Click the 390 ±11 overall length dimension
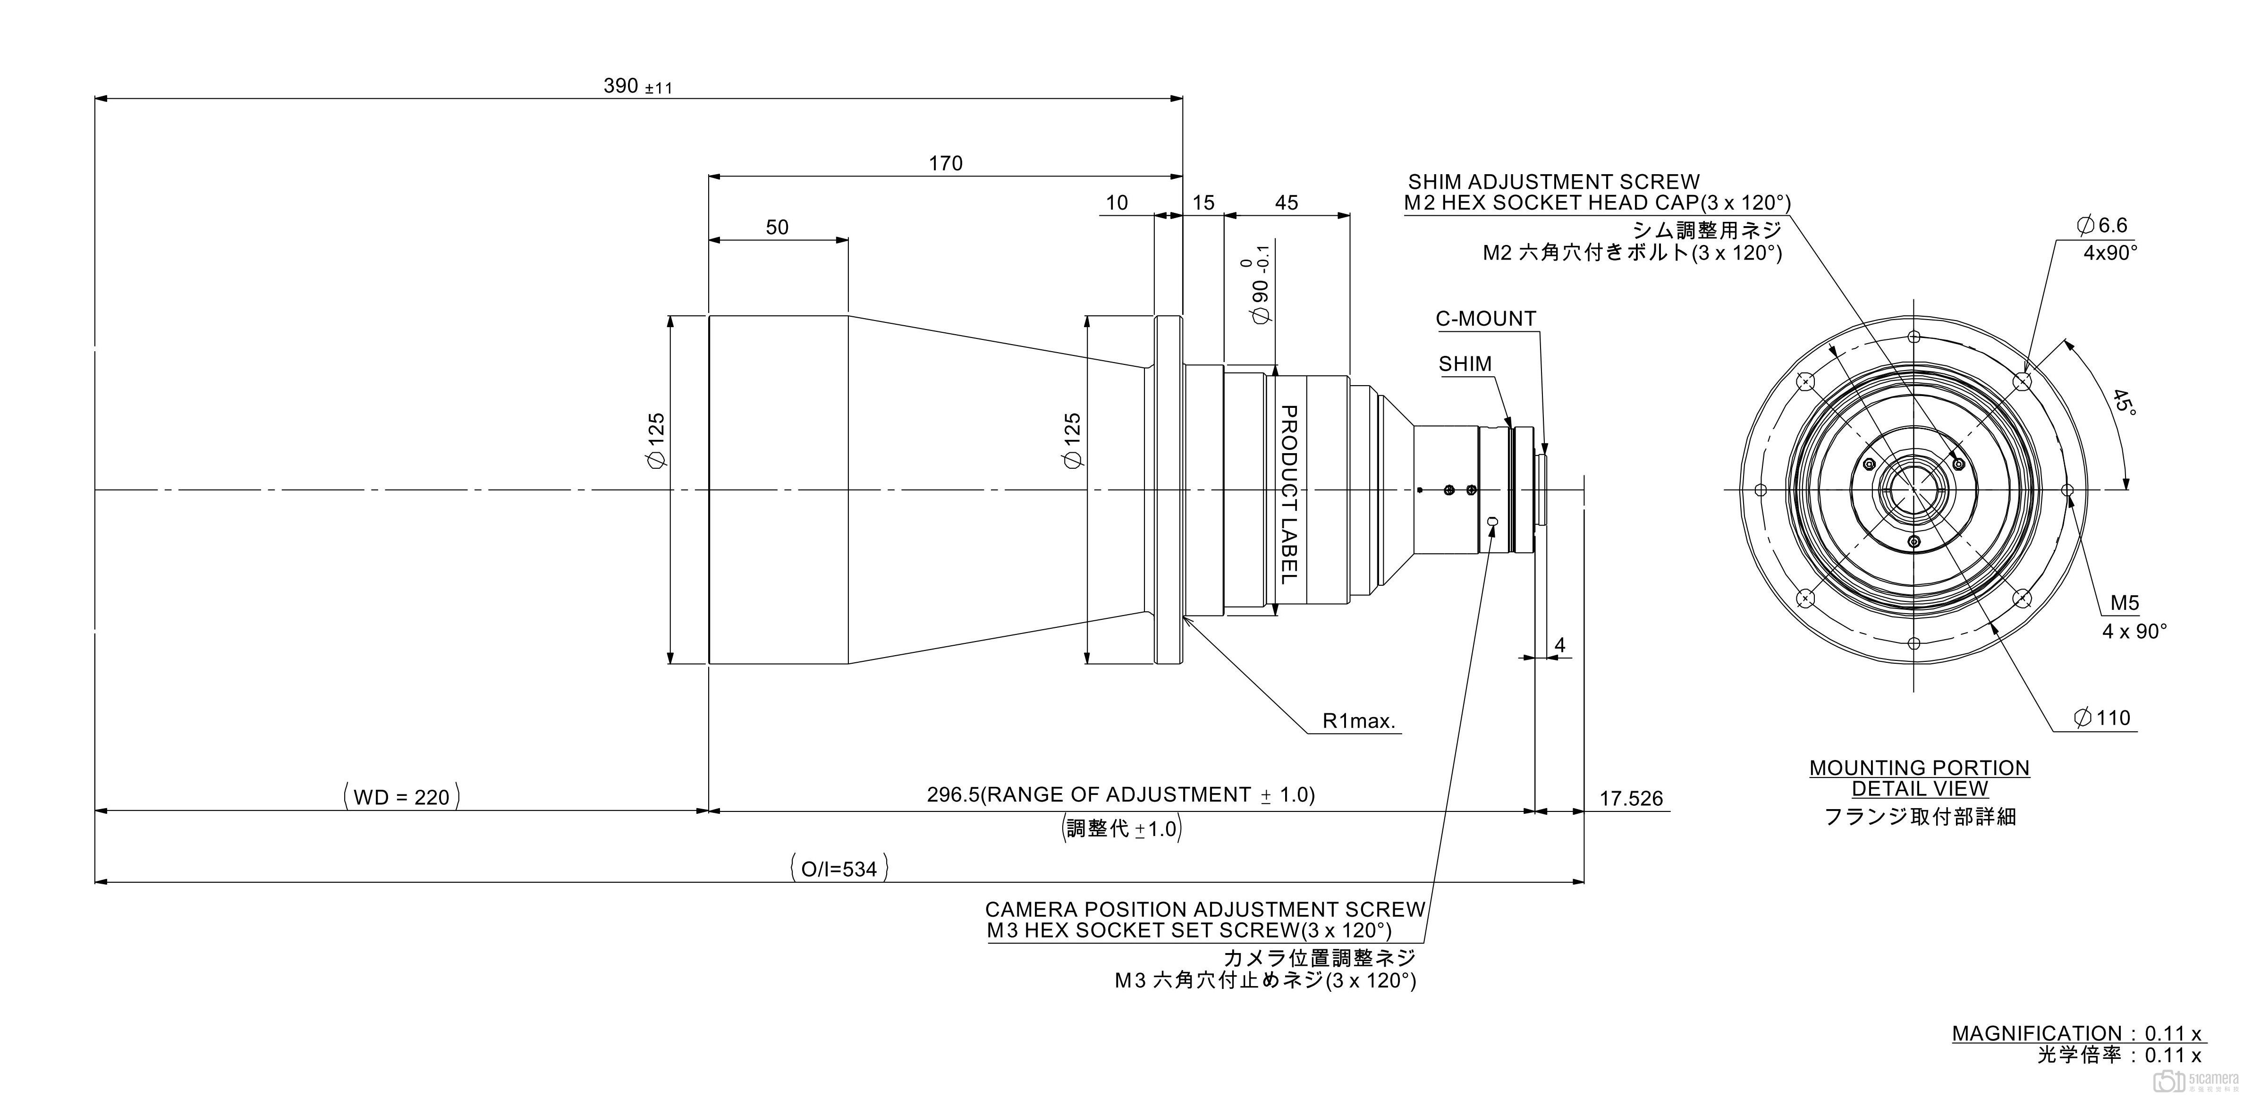tap(637, 86)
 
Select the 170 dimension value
tap(945, 163)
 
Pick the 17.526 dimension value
tap(1631, 798)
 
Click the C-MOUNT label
tap(1485, 319)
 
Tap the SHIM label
tap(1465, 364)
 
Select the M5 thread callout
tap(2124, 602)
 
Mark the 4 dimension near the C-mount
tap(1559, 645)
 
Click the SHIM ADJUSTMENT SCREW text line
tap(1553, 182)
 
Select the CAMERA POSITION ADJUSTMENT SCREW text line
tap(1205, 909)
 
